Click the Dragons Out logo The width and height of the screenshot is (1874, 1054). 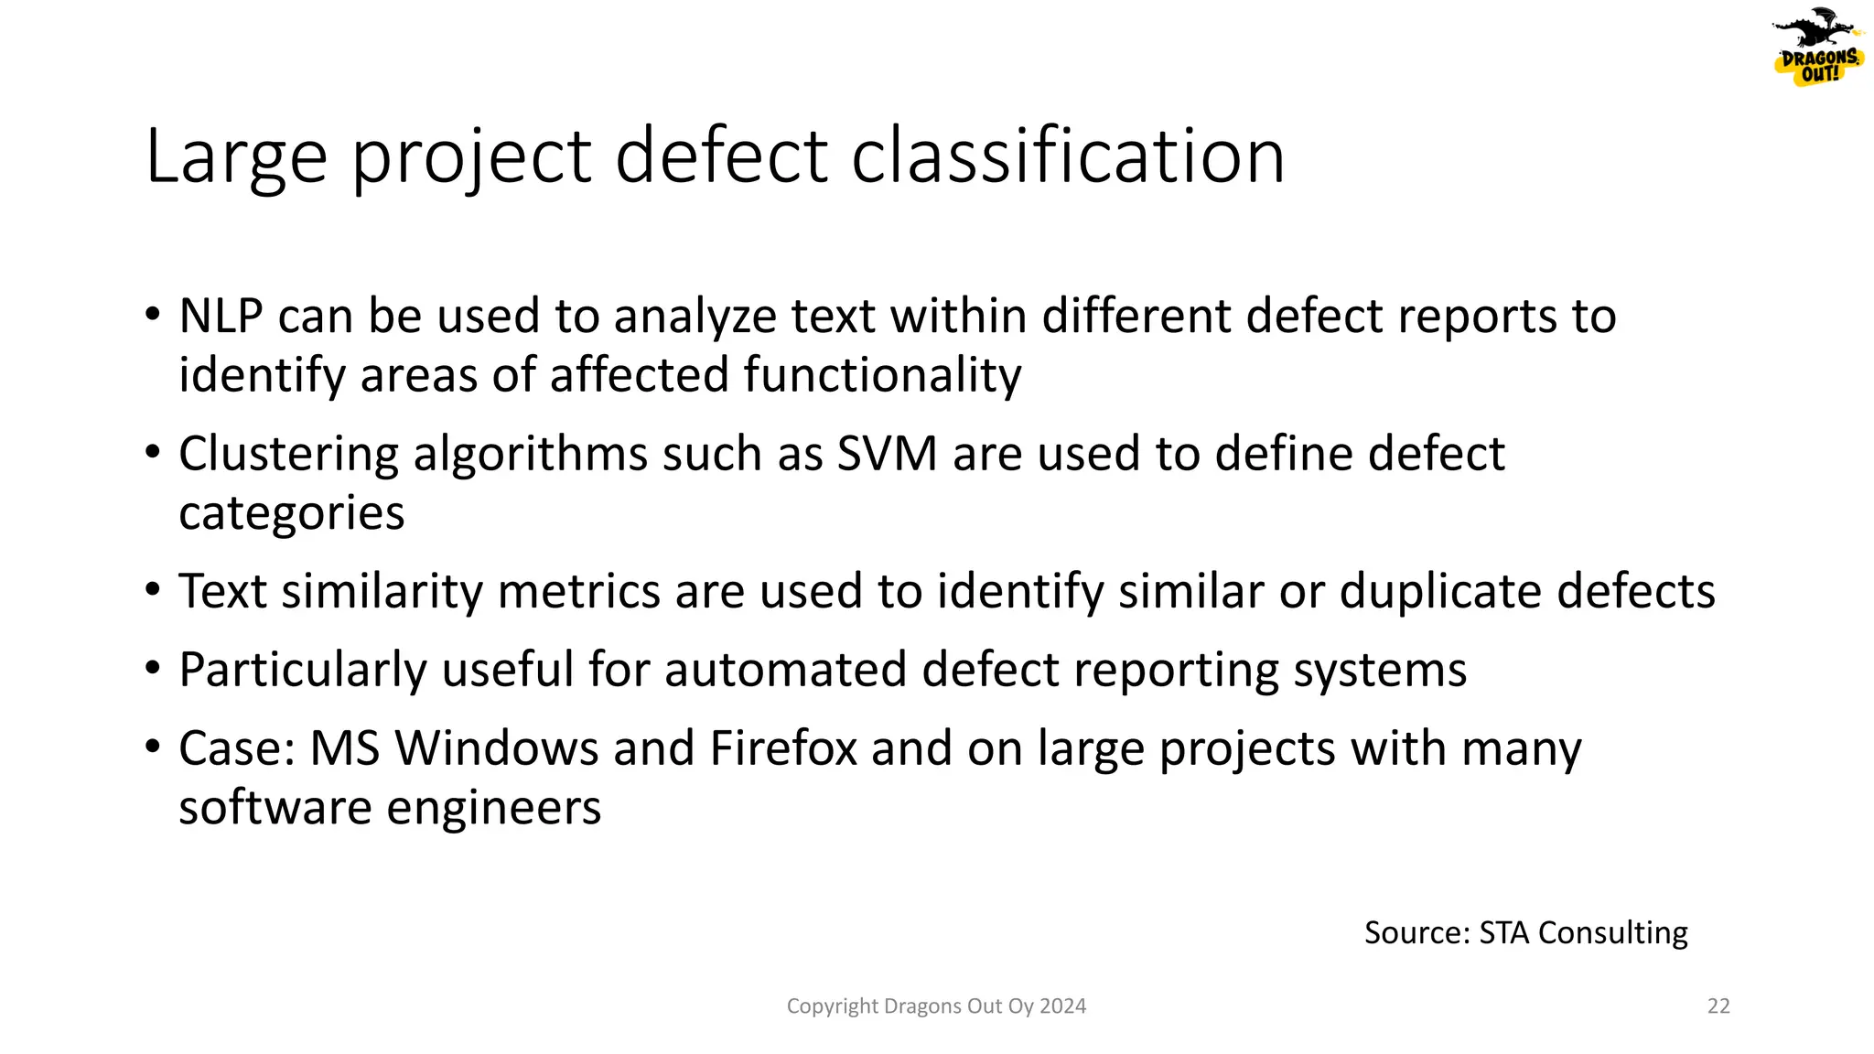coord(1817,48)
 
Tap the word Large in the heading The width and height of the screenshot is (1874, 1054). coord(236,156)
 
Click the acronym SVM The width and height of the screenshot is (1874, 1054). coord(887,454)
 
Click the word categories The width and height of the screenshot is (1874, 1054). coord(291,513)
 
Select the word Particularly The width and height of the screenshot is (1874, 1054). coord(302,670)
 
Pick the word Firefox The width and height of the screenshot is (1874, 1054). coord(783,748)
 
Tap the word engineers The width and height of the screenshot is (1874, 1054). coord(493,808)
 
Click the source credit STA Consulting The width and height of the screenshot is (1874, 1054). coord(1582,932)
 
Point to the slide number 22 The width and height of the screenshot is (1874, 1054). coord(1718,1006)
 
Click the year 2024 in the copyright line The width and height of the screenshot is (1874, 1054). coord(1062,1006)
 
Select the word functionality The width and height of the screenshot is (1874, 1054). coord(882,376)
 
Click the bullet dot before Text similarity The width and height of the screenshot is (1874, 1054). coord(153,590)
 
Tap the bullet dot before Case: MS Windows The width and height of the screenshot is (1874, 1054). coord(153,747)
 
